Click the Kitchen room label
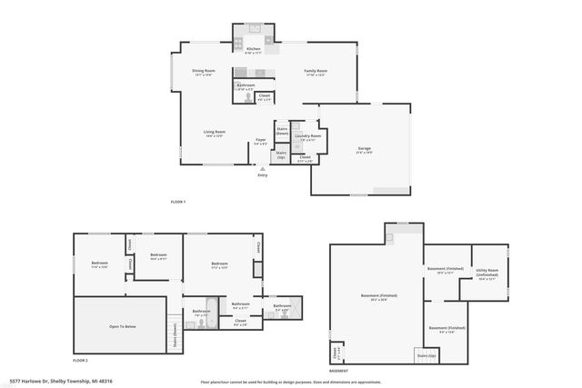253,50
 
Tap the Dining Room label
203,72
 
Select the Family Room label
316,72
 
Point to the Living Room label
214,134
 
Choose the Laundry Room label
308,137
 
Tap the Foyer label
260,141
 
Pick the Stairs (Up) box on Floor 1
282,155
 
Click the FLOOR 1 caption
177,201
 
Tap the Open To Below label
121,325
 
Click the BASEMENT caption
337,371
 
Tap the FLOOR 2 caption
80,361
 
